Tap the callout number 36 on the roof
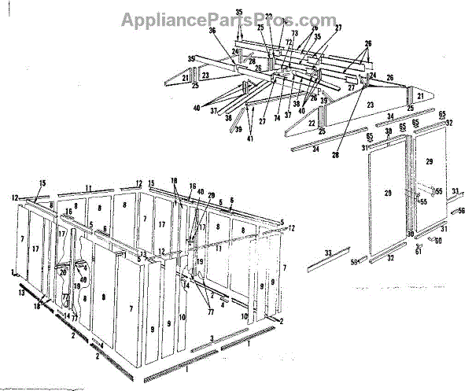pyautogui.click(x=212, y=31)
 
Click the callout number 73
pyautogui.click(x=293, y=35)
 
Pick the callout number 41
pyautogui.click(x=249, y=139)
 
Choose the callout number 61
pyautogui.click(x=419, y=252)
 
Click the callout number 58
pyautogui.click(x=354, y=262)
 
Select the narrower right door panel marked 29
pyautogui.click(x=429, y=161)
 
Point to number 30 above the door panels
pyautogui.click(x=389, y=131)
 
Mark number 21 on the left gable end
pyautogui.click(x=186, y=78)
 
